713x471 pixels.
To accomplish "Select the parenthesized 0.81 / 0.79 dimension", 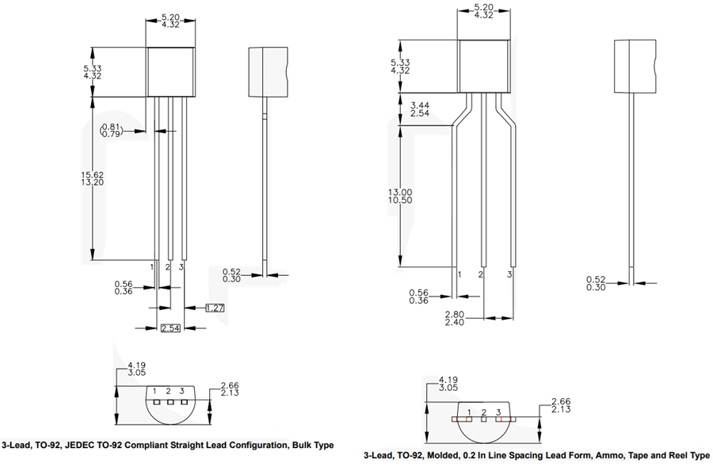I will point(111,130).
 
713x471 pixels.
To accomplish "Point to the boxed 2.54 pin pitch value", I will point(170,328).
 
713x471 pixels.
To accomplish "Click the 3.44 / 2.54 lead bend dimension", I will point(420,109).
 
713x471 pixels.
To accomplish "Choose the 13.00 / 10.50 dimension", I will point(420,197).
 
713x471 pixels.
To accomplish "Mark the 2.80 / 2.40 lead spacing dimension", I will point(455,319).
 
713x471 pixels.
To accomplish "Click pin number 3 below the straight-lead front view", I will point(181,267).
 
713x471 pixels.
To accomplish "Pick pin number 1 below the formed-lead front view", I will point(459,274).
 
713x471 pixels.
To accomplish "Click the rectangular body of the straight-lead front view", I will point(170,71).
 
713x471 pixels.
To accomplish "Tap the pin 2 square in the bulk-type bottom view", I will point(169,401).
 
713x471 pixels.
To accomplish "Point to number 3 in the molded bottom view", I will point(498,412).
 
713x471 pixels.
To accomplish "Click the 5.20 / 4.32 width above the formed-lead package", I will point(483,11).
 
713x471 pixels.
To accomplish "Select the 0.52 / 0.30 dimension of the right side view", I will point(597,283).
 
